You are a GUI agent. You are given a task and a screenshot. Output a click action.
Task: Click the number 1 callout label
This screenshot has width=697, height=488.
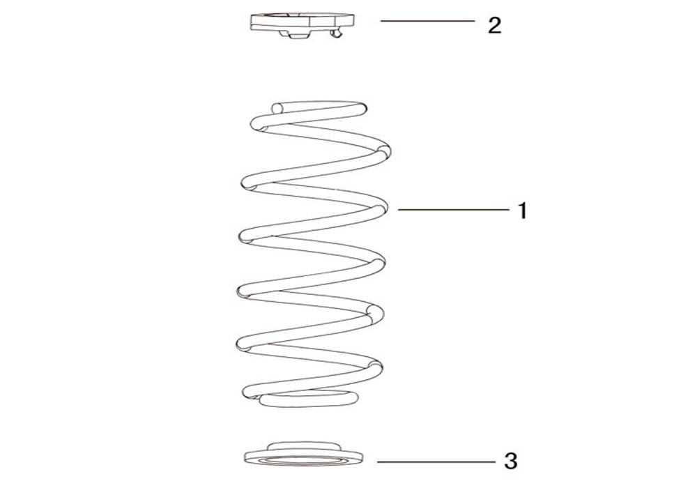point(523,211)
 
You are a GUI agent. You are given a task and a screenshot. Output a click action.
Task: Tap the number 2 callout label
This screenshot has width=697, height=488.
point(494,25)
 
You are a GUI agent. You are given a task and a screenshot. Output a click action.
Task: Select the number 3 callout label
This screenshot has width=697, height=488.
point(511,462)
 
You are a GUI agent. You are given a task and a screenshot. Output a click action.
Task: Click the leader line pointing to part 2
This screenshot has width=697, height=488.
point(428,21)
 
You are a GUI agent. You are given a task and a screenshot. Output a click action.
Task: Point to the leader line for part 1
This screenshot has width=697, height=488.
point(454,209)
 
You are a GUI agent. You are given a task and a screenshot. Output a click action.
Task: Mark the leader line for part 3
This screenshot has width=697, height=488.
point(436,462)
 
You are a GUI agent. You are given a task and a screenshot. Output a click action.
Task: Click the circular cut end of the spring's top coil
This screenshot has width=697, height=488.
point(277,108)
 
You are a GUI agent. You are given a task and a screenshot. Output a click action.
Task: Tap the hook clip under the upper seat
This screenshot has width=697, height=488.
point(337,33)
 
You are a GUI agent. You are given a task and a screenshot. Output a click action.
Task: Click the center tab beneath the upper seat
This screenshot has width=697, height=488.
point(298,34)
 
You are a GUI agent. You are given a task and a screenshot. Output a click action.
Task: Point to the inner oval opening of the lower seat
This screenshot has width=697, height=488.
point(303,460)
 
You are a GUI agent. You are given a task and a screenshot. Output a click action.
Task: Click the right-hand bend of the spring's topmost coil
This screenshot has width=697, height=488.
point(361,109)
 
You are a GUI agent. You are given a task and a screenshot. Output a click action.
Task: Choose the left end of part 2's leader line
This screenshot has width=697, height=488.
point(381,21)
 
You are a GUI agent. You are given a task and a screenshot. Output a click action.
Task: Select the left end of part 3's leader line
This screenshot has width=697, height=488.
point(377,462)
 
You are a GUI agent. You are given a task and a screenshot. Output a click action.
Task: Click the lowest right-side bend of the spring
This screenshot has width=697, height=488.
point(376,369)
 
